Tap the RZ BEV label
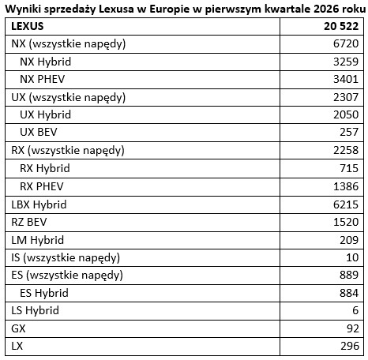click(31, 222)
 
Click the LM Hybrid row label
click(37, 239)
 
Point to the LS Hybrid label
click(36, 310)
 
